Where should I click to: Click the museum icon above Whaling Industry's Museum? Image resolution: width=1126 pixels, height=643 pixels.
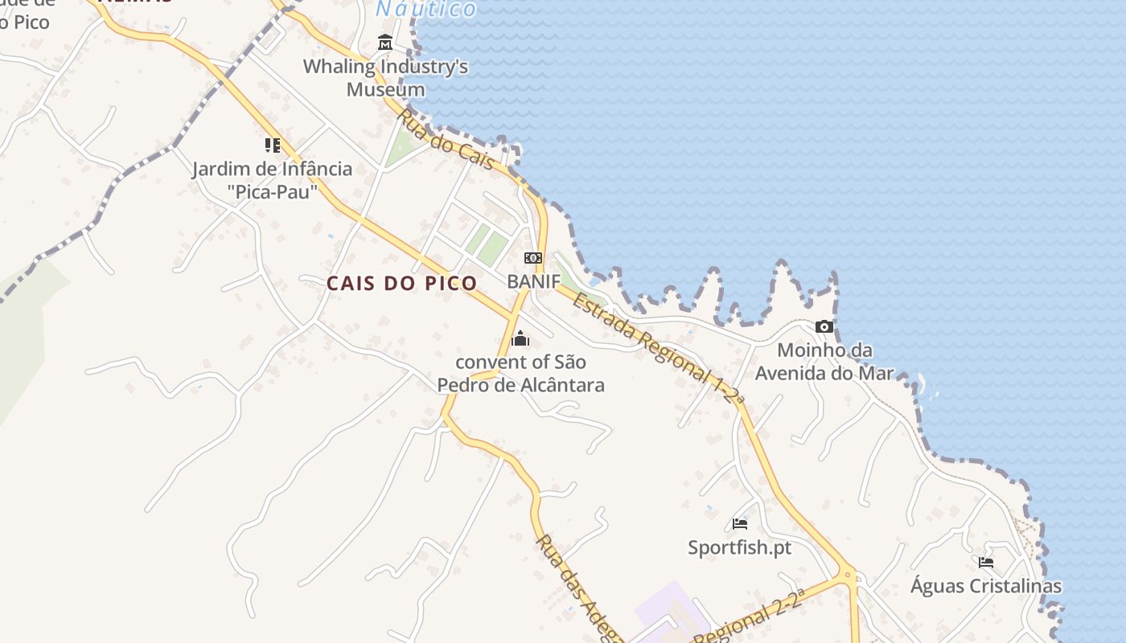pos(385,43)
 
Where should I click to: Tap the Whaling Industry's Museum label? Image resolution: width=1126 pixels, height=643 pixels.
pos(385,77)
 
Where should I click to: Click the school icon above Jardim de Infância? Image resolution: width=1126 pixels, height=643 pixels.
pos(272,145)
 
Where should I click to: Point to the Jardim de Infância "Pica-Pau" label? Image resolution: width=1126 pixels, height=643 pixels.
pos(272,180)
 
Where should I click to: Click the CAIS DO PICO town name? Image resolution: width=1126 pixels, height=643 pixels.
pos(401,283)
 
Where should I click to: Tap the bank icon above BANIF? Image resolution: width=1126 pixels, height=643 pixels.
pos(532,258)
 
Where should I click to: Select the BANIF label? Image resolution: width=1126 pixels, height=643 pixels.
pos(532,281)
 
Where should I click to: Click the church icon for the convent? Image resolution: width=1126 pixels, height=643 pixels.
pos(520,338)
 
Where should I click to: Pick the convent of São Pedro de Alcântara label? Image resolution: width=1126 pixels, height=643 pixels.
pos(520,374)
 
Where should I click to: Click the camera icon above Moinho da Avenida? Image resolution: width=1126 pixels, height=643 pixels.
pos(824,326)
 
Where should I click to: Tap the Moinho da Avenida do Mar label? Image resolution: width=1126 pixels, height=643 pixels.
pos(824,362)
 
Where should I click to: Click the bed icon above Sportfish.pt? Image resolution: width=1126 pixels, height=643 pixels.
pos(740,525)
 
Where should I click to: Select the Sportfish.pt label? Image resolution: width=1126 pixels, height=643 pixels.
pos(740,548)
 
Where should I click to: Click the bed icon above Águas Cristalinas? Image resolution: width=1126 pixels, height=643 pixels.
pos(986,563)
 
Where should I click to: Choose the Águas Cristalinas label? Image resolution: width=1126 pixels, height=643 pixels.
pos(986,586)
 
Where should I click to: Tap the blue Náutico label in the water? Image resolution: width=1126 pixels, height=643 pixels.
pos(427,9)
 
